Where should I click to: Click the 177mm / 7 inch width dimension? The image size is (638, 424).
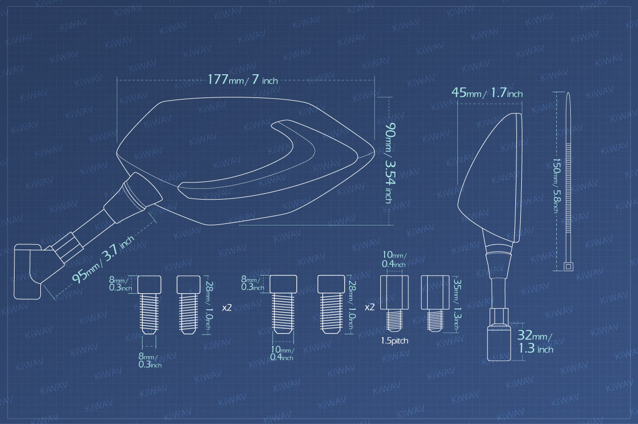tap(243, 79)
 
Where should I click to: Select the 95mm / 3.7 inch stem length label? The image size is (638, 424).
tap(103, 259)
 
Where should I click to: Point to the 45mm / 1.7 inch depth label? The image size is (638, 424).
tap(487, 93)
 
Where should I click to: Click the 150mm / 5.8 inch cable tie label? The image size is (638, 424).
tap(556, 186)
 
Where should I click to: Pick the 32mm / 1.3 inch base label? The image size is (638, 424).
tap(535, 342)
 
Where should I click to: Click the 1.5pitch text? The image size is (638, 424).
tap(394, 341)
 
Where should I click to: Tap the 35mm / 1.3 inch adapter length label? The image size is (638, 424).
tap(457, 304)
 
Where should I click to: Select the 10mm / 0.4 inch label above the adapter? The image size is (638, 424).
tap(394, 259)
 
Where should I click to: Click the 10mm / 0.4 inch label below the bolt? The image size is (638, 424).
tap(282, 354)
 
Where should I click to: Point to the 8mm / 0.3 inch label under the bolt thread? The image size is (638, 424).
tap(150, 361)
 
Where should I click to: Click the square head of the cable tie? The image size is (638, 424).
tap(568, 266)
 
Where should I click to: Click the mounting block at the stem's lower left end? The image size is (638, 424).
tap(27, 271)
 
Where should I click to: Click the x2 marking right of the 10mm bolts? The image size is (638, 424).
tap(370, 307)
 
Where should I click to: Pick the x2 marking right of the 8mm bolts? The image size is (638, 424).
tap(227, 308)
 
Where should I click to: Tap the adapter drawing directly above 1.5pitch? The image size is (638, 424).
tap(394, 303)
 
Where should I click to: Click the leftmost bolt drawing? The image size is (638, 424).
tap(150, 305)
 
